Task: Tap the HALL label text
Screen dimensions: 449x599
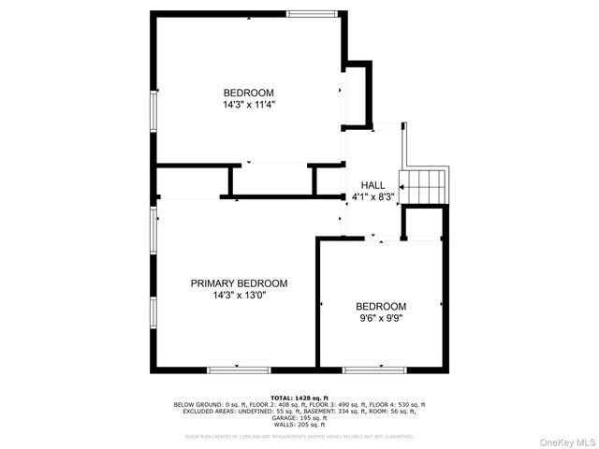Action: [373, 185]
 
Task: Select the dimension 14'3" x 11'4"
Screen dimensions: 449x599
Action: [248, 105]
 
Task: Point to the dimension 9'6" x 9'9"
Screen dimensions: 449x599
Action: [381, 318]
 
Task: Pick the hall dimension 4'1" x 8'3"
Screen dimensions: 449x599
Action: [373, 197]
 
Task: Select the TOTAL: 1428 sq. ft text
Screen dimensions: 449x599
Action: [299, 398]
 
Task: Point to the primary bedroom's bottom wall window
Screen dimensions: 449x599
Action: [237, 368]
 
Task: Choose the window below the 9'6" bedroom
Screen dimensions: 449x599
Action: [374, 368]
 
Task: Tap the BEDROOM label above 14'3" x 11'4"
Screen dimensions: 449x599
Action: [248, 92]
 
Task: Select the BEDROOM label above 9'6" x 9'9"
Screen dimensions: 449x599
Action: [381, 306]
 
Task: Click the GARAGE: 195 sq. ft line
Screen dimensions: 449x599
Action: [299, 417]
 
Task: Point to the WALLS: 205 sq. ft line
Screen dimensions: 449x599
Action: [299, 424]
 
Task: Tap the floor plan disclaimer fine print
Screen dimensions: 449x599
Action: [299, 436]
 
